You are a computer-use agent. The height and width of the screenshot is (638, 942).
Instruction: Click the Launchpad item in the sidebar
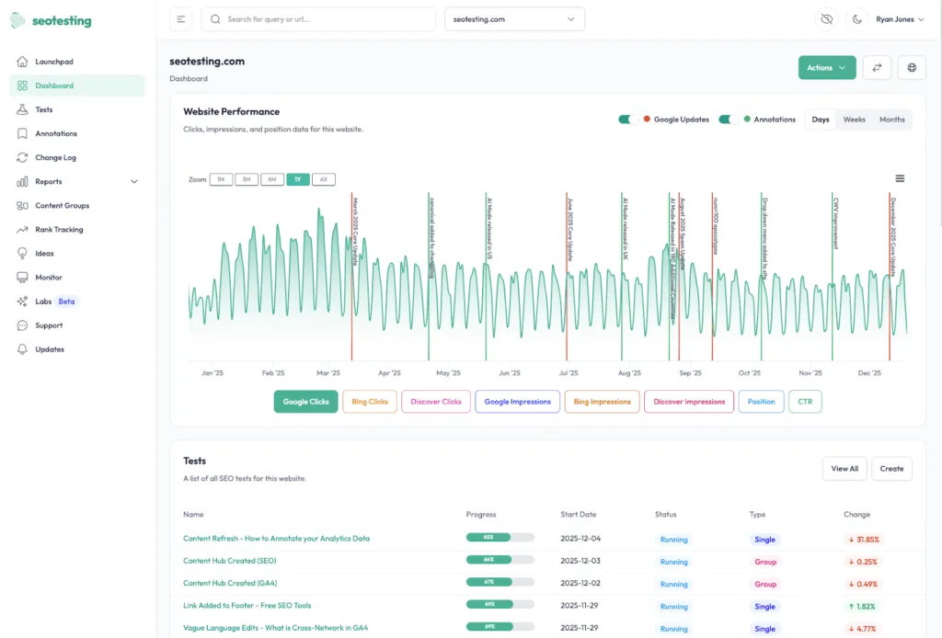[53, 62]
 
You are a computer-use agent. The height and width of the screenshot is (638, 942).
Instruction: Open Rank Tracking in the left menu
[59, 230]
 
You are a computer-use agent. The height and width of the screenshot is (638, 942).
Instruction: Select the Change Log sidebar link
[55, 157]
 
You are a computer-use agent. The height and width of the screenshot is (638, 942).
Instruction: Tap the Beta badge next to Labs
[66, 302]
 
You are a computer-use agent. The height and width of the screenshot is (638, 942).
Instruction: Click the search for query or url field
[318, 19]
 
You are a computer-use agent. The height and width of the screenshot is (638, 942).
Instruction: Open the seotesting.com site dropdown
[514, 19]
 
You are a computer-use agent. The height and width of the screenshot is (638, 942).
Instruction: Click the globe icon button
[912, 67]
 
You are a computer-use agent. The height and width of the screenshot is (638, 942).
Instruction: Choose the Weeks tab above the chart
[854, 120]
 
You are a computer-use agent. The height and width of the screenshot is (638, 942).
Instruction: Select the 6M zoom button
[271, 179]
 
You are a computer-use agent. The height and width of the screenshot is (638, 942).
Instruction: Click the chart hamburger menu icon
[900, 178]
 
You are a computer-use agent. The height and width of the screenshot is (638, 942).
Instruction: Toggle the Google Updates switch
[629, 120]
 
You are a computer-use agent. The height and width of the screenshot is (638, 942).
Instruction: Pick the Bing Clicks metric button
[370, 402]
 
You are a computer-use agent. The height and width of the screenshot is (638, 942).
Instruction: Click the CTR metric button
[805, 402]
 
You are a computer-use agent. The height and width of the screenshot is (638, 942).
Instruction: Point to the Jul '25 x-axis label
[569, 373]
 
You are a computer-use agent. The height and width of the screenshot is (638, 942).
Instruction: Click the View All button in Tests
[844, 469]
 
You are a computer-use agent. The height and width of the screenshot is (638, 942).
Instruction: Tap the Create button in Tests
[891, 469]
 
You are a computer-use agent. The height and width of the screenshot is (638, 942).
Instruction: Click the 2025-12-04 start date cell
[580, 540]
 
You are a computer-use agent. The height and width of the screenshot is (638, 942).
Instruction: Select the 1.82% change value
[862, 607]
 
